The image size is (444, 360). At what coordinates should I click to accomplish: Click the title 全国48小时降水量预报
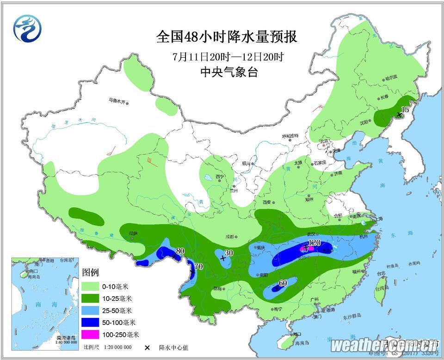[x=226, y=37]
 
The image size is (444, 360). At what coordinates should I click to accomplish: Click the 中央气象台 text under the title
[x=226, y=72]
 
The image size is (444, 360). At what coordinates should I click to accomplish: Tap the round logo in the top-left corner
[x=27, y=28]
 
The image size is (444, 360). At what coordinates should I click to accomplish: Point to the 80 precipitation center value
[x=180, y=251]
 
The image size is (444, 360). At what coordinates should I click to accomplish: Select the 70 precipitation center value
[x=198, y=266]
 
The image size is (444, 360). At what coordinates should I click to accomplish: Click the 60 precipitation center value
[x=283, y=283]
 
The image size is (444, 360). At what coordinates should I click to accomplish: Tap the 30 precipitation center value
[x=228, y=253]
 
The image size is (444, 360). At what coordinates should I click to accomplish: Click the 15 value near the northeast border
[x=405, y=109]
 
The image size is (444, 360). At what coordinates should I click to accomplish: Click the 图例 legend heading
[x=90, y=273]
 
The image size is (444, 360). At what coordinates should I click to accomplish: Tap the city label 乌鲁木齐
[x=117, y=100]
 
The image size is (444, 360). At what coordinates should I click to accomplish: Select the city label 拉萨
[x=134, y=233]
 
